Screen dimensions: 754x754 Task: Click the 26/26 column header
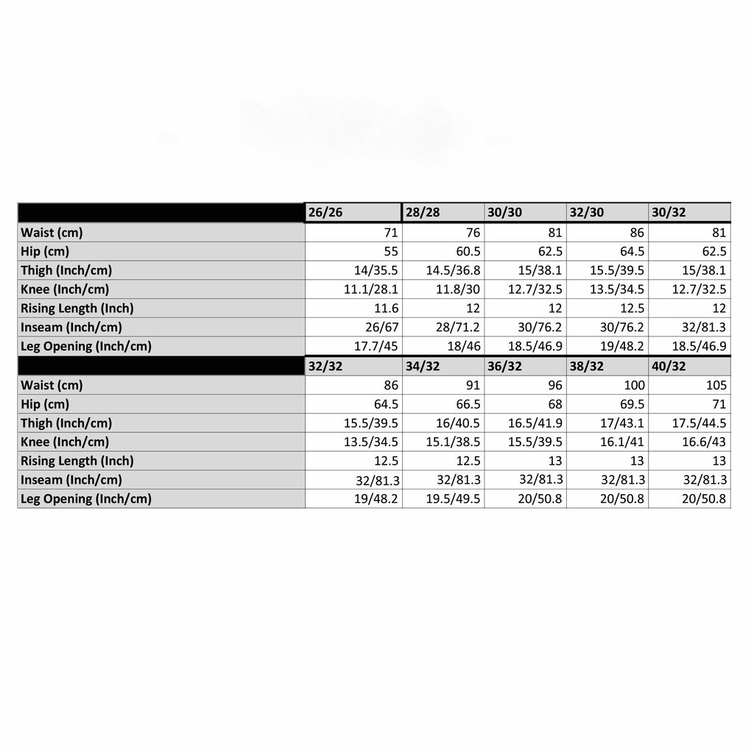[x=325, y=213]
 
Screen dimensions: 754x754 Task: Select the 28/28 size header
[x=423, y=213]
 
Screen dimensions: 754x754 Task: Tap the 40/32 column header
[x=669, y=366]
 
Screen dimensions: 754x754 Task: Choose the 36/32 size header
[x=504, y=366]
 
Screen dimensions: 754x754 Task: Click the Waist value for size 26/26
[x=387, y=233]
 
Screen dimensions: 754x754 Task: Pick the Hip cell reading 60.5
[x=468, y=251]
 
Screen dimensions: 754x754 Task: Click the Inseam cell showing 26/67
[x=381, y=328]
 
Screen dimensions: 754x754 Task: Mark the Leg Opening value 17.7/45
[x=372, y=347]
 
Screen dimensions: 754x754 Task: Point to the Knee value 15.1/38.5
[x=454, y=443]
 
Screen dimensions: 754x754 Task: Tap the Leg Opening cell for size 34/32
[x=454, y=499]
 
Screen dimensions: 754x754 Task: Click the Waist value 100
[x=633, y=385]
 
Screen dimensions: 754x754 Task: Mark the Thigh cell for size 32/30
[x=617, y=270]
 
